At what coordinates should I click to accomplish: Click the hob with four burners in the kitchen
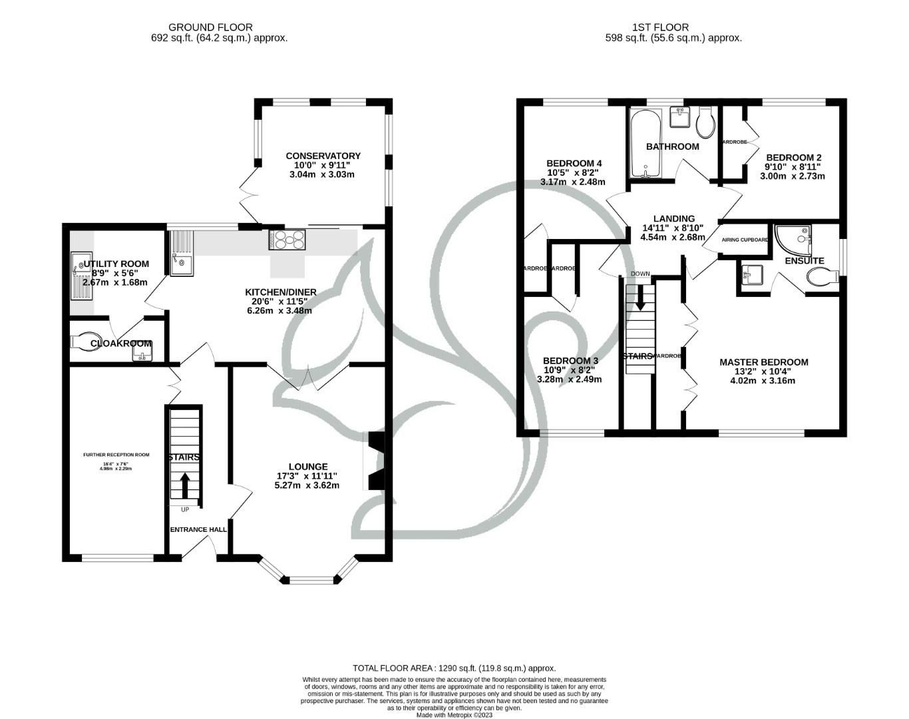coord(287,239)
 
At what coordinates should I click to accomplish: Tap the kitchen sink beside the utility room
coord(181,253)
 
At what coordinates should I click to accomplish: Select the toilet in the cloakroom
coord(85,342)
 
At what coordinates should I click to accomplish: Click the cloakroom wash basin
coord(142,351)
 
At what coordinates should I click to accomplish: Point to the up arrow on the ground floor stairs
coord(184,485)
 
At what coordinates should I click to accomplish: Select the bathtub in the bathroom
coord(644,144)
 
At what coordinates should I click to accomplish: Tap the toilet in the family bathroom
coord(705,121)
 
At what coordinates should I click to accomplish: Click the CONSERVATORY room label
coord(323,156)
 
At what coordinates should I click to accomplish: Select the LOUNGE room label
coord(307,467)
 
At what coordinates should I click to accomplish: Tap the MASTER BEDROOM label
coord(763,362)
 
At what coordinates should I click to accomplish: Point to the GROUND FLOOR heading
coord(210,27)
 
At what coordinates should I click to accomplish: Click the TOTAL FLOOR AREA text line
coord(454,668)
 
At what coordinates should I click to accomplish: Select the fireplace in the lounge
coord(375,461)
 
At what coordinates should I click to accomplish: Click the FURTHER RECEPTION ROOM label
coord(116,455)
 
